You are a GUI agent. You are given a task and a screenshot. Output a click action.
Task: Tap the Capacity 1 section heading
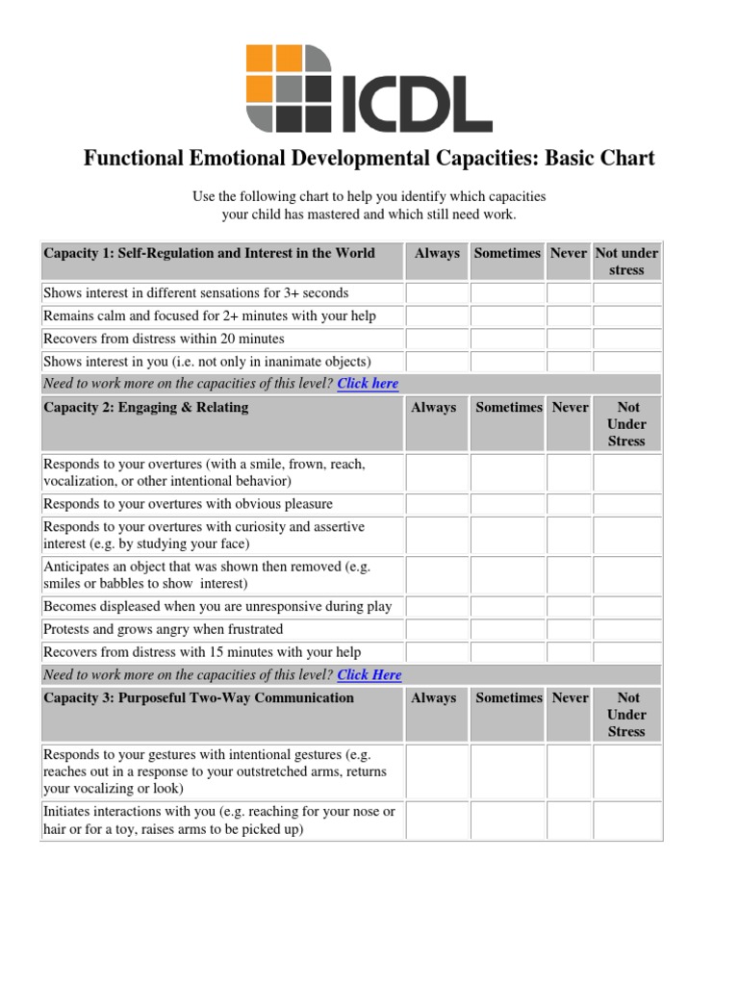[209, 253]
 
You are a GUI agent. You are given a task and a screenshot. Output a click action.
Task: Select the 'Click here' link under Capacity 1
[368, 384]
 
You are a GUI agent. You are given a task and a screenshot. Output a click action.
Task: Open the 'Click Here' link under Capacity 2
[369, 675]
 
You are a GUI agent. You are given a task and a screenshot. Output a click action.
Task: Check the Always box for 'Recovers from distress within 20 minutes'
[437, 339]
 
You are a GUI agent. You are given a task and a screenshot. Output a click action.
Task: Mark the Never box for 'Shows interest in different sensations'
[569, 292]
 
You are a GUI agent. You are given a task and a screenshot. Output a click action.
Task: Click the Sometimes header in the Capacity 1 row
[507, 253]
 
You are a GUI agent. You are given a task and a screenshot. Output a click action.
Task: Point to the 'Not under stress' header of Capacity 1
[626, 262]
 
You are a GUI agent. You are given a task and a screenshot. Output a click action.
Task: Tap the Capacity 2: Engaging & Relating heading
[146, 408]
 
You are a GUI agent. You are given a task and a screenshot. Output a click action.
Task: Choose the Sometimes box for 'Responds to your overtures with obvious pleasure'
[508, 504]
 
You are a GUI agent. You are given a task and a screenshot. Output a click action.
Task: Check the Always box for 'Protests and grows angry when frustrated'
[437, 629]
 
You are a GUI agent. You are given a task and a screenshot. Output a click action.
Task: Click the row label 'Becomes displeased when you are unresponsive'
[217, 606]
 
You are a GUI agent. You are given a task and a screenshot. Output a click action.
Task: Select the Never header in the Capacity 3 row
[570, 698]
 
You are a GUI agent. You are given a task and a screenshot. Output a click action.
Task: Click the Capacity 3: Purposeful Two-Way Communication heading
[199, 698]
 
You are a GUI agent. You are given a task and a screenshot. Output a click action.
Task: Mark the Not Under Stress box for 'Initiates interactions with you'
[627, 820]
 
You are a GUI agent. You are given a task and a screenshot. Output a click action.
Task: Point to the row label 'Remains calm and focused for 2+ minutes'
[210, 316]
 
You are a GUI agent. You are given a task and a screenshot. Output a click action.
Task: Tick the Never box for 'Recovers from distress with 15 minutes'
[570, 652]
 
